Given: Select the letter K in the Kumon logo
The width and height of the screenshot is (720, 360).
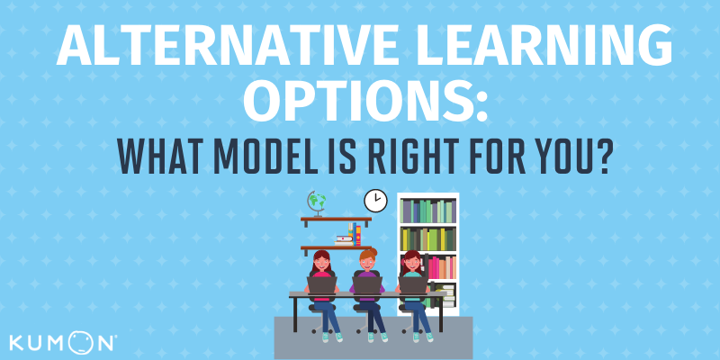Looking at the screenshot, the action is pyautogui.click(x=17, y=344).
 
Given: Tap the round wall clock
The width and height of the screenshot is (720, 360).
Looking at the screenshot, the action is pyautogui.click(x=375, y=201).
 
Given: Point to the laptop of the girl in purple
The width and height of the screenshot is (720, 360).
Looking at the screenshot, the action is pyautogui.click(x=367, y=285).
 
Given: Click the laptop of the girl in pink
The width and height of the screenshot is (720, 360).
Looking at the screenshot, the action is pyautogui.click(x=322, y=285).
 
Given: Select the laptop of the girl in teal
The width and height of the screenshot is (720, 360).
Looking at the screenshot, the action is pyautogui.click(x=413, y=285).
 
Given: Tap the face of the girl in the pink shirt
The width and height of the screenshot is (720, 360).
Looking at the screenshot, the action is pyautogui.click(x=321, y=264).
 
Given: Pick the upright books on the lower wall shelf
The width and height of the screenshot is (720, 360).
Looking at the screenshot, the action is pyautogui.click(x=354, y=234).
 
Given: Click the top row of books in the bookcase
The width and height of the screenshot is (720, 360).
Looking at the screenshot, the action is pyautogui.click(x=428, y=211).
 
